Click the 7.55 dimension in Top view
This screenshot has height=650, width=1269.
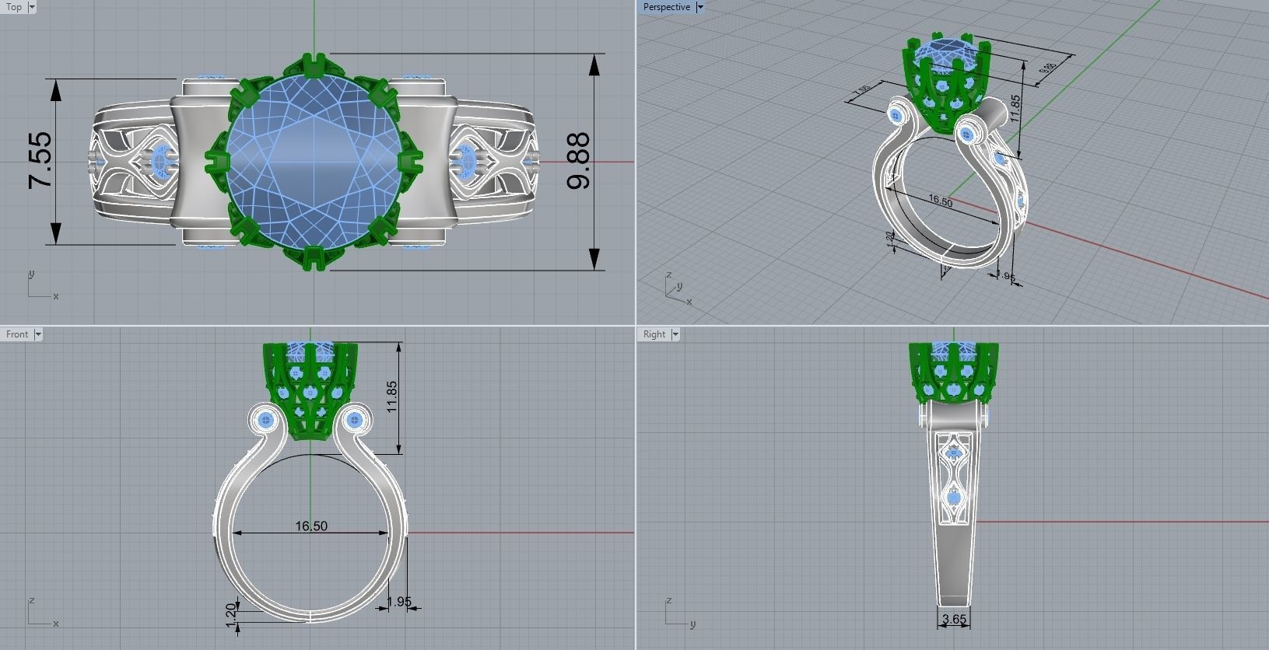coord(40,161)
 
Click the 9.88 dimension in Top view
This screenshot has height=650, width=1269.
coord(580,161)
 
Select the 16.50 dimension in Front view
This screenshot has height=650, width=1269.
coord(311,526)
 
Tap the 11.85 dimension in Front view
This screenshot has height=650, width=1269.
coord(392,397)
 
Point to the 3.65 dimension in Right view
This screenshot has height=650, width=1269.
coord(954,620)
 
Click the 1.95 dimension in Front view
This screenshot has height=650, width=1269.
coord(399,602)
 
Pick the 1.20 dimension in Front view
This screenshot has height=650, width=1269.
coord(231,614)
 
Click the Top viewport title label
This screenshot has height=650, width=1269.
coord(14,7)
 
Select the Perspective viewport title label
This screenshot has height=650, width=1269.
coord(666,7)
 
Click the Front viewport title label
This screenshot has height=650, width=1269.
coord(17,334)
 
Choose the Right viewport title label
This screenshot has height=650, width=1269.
coord(654,334)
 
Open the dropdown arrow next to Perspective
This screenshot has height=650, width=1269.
coord(699,7)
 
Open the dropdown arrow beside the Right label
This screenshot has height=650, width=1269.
coord(675,334)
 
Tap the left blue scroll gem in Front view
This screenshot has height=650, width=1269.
coord(268,421)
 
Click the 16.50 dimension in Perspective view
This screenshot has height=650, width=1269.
coord(940,201)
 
